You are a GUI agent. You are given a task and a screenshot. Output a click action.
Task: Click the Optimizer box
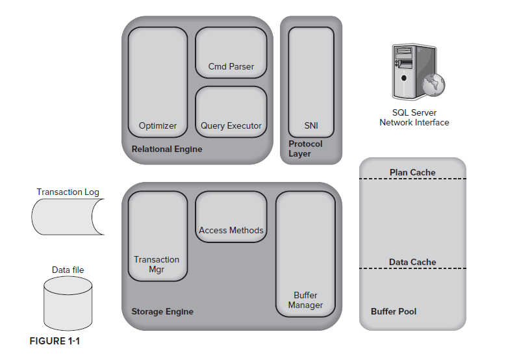(x=157, y=82)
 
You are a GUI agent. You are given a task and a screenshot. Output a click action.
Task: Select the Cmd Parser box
(x=231, y=53)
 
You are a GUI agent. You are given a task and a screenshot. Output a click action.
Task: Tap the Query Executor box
(x=231, y=112)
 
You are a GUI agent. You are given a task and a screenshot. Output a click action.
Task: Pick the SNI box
(x=310, y=82)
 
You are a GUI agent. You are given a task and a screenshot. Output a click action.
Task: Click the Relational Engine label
(x=167, y=149)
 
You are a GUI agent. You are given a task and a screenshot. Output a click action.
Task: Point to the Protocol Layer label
(x=305, y=149)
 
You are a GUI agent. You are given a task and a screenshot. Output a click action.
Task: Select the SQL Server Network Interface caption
(x=414, y=118)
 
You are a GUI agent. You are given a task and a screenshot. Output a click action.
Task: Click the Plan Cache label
(x=412, y=172)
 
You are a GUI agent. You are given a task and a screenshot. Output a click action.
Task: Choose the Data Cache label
(x=412, y=262)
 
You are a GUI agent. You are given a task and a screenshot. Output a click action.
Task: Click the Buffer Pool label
(x=394, y=311)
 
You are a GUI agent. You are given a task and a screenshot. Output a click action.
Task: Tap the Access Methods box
(x=231, y=217)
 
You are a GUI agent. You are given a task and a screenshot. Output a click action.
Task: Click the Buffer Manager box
(x=305, y=254)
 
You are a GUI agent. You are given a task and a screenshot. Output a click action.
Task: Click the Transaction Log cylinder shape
(x=66, y=216)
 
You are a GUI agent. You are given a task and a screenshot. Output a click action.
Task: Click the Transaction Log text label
(x=68, y=192)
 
